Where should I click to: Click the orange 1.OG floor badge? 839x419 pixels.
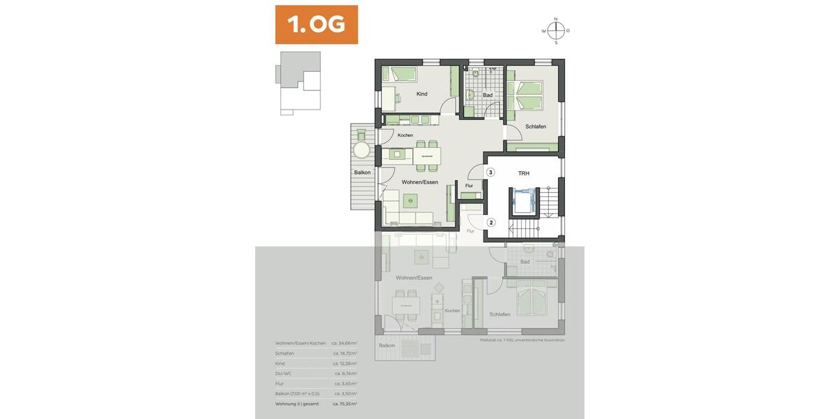click(316, 24)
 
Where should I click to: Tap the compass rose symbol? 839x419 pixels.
click(556, 31)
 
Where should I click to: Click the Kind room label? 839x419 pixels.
click(422, 94)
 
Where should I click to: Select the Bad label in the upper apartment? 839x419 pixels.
click(487, 95)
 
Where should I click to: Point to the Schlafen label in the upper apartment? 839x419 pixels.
click(536, 126)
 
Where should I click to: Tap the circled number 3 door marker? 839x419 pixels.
click(491, 172)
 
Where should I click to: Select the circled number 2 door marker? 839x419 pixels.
click(491, 223)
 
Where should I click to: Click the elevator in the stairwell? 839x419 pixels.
click(523, 201)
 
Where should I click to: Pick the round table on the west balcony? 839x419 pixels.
click(361, 149)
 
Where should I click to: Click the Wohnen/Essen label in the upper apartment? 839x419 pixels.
click(419, 182)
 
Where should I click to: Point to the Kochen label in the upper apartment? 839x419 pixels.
click(406, 135)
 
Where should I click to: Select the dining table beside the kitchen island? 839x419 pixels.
click(427, 155)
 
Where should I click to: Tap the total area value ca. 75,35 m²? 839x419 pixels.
click(345, 404)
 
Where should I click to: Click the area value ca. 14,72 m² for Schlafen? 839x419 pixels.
click(345, 353)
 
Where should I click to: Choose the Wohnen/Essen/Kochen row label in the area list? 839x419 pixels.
click(301, 344)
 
